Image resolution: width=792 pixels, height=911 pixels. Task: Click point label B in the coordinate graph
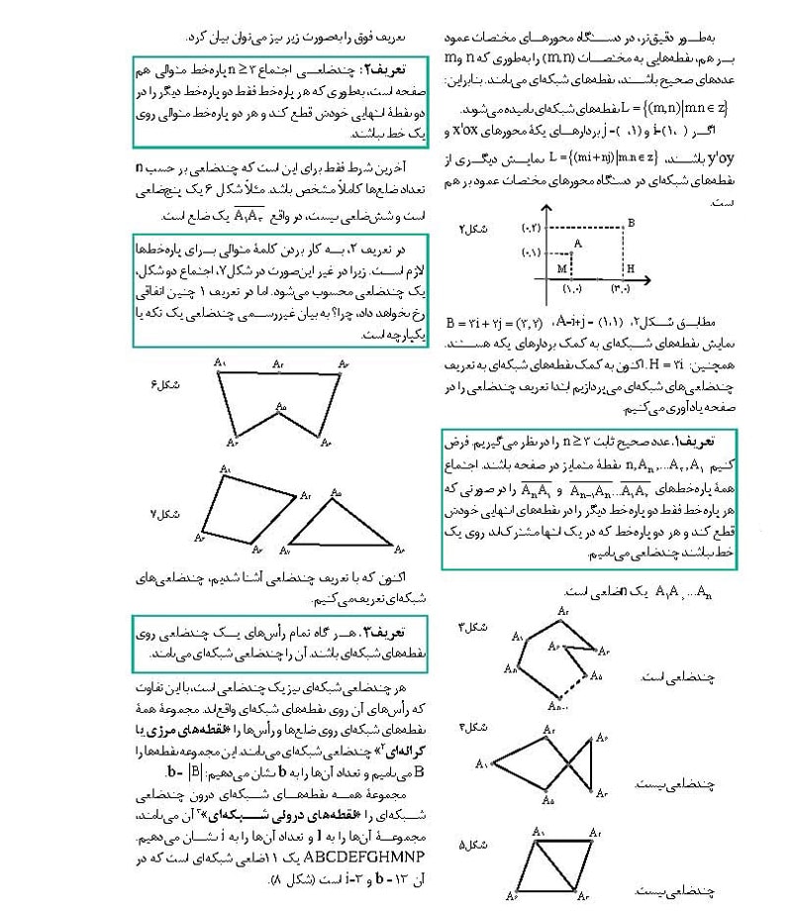click(x=630, y=225)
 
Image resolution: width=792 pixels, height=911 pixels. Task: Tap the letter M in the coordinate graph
click(x=560, y=267)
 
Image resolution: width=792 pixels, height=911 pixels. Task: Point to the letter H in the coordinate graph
click(x=630, y=268)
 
